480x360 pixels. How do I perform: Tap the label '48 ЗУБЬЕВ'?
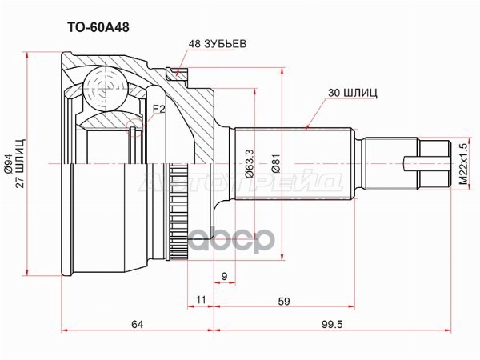pyautogui.click(x=218, y=43)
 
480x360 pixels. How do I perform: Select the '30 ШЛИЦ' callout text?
pyautogui.click(x=352, y=93)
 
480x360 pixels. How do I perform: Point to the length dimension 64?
pyautogui.click(x=137, y=324)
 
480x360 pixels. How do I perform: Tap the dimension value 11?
pyautogui.click(x=201, y=301)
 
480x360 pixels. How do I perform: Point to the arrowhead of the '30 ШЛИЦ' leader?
pyautogui.click(x=309, y=126)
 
